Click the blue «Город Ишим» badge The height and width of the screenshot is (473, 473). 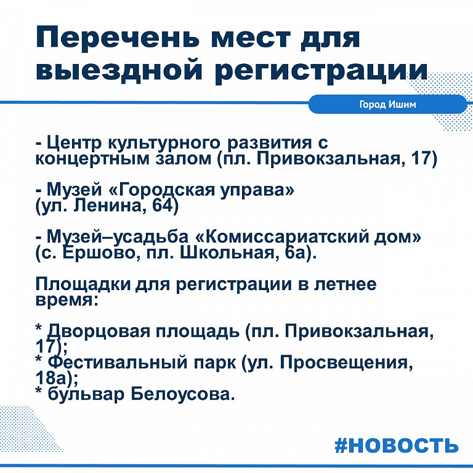coord(387,104)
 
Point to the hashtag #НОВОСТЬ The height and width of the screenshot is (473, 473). coord(397,445)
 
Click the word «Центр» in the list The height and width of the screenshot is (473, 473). coord(74,144)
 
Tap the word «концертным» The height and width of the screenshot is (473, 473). coord(92,159)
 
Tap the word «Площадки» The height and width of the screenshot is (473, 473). coord(83,285)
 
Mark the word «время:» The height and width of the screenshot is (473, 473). coord(67,301)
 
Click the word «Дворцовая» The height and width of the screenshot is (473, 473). coord(99,331)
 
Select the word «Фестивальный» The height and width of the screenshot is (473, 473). coord(118,363)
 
